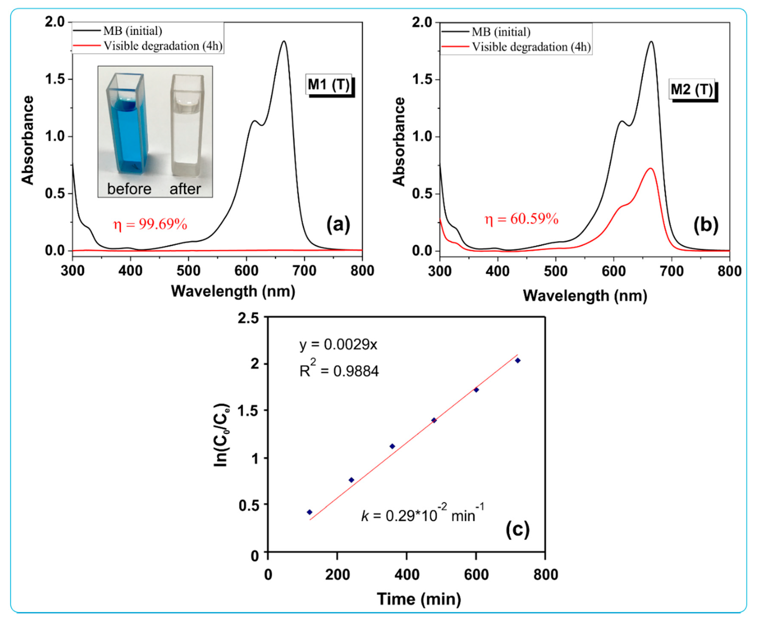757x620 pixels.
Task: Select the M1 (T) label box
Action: point(329,85)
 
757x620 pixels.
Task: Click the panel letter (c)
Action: point(517,530)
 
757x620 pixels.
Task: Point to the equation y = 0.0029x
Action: point(338,345)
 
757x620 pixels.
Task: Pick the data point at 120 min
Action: point(309,512)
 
